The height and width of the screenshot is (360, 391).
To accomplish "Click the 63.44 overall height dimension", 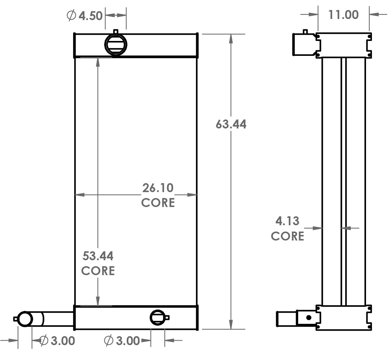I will coord(231,124).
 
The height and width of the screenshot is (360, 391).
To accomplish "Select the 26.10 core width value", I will coord(158,188).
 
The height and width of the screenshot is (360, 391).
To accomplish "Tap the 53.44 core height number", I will coord(98,256).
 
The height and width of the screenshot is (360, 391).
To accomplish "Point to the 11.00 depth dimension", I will coord(343,15).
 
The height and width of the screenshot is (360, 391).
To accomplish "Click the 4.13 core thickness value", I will coord(287,221).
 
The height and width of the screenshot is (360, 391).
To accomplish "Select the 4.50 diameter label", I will coord(90,16).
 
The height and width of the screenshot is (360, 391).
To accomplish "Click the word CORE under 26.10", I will coord(158,203).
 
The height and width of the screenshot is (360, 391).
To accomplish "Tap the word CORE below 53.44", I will coord(98,271).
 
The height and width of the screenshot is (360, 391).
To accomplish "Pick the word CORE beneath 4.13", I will coord(287,236).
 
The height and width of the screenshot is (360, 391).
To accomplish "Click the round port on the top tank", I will coord(116,44).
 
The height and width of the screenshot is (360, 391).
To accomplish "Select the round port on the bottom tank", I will coord(157,318).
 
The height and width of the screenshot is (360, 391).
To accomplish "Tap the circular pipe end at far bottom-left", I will coord(25,319).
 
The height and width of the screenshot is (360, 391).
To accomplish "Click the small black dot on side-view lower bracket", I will coord(309,318).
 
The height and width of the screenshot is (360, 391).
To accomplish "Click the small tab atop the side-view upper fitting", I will coord(305,32).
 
